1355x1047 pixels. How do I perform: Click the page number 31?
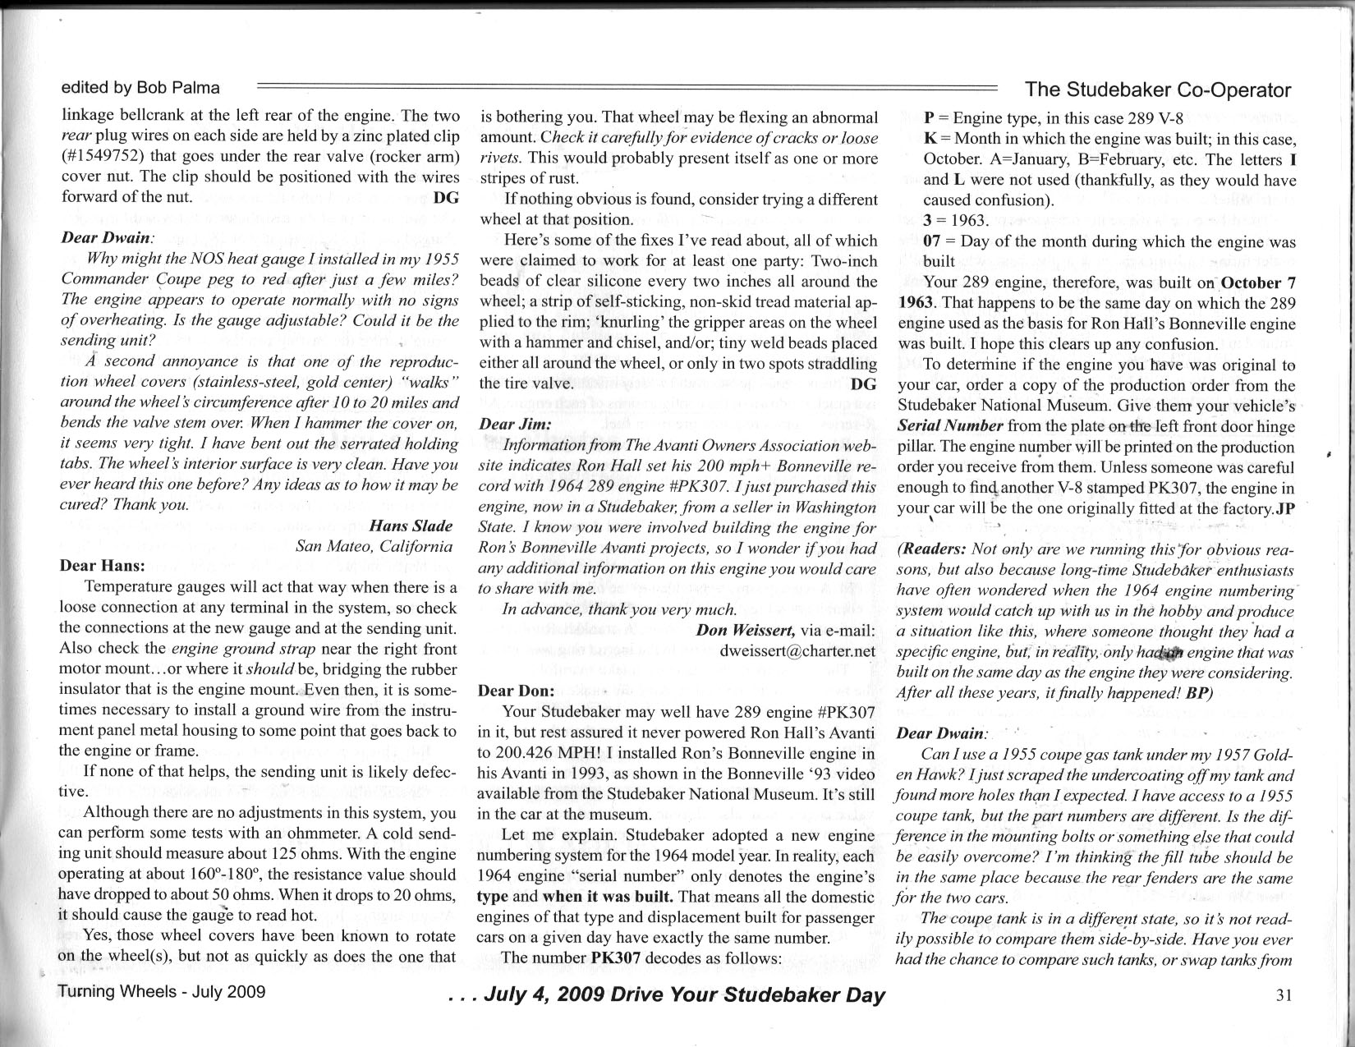click(1285, 995)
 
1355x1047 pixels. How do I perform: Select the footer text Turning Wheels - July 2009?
click(162, 991)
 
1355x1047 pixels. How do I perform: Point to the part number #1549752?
click(108, 156)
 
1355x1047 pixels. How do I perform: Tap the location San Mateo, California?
click(374, 546)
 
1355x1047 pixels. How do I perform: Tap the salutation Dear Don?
click(516, 691)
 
